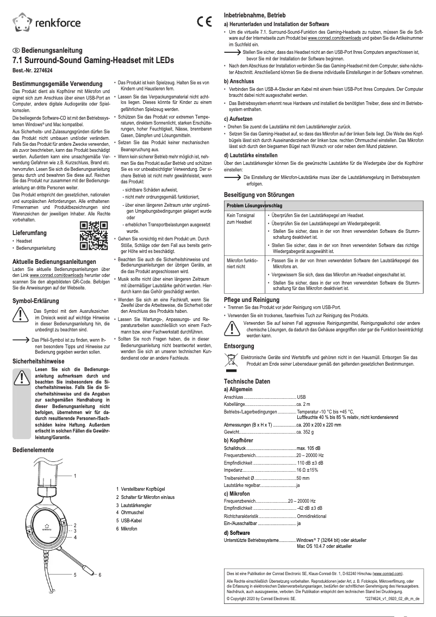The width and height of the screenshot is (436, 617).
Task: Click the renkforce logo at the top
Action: click(x=46, y=22)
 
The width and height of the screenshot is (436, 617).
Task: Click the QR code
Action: click(x=92, y=235)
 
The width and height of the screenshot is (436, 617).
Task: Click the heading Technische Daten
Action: click(x=247, y=381)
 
